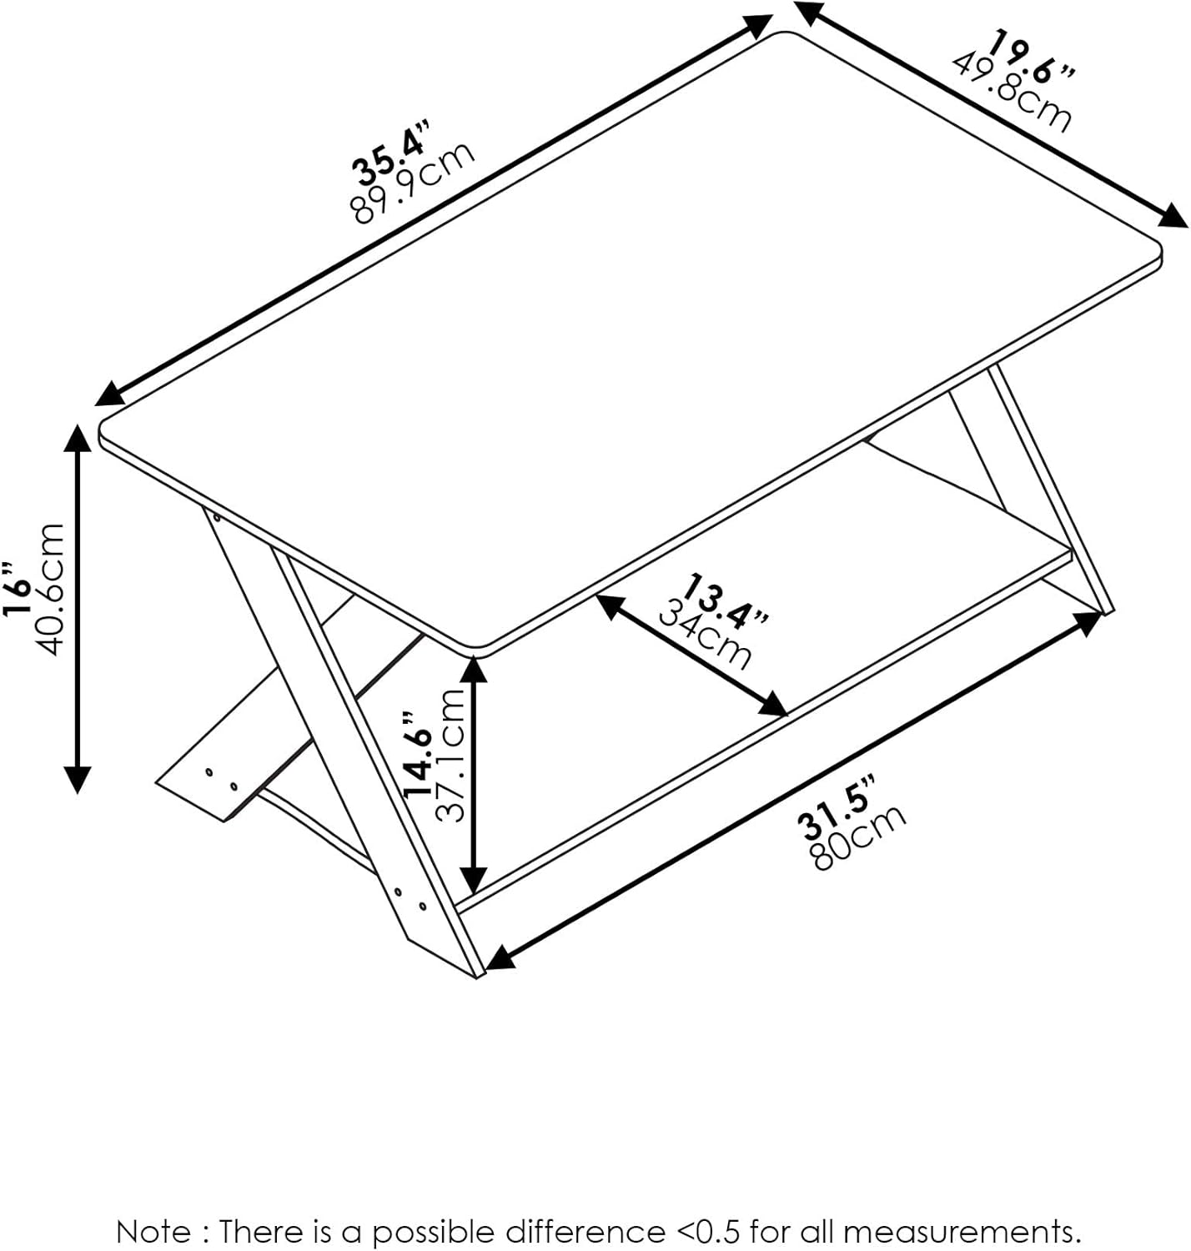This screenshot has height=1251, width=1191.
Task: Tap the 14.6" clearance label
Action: [419, 756]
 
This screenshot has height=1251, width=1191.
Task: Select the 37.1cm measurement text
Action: [450, 755]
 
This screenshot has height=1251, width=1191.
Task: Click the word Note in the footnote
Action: [152, 1231]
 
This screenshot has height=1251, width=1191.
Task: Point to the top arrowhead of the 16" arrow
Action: [78, 435]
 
